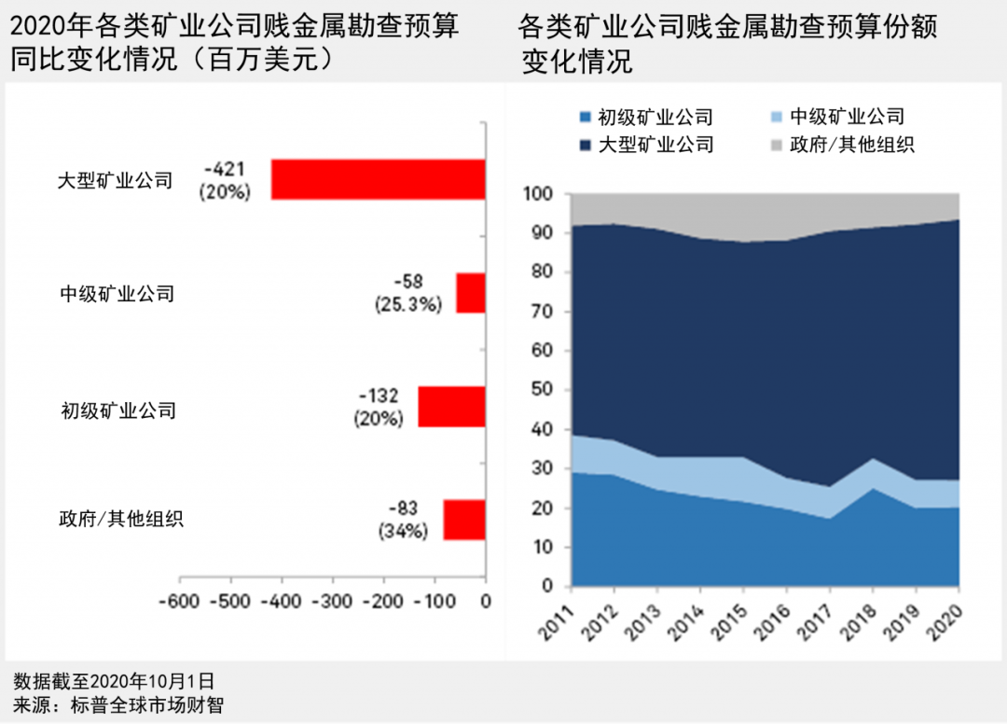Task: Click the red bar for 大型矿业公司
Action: click(378, 179)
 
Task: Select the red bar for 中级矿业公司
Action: click(470, 293)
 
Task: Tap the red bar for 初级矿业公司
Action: click(451, 407)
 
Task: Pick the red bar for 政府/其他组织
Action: click(463, 520)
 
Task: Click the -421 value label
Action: click(225, 169)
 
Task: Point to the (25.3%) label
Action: click(407, 304)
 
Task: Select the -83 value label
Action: click(403, 508)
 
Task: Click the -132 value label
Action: click(379, 395)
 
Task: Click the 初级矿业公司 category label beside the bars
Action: click(118, 410)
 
